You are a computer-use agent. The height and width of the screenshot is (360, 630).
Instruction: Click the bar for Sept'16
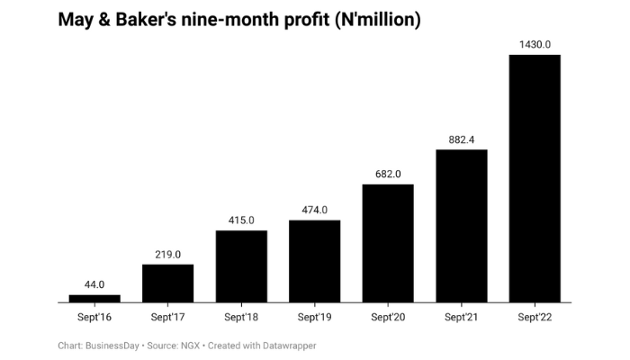94,298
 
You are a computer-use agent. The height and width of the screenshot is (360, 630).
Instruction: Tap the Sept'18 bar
241,266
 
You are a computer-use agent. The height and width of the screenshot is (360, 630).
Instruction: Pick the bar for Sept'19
314,261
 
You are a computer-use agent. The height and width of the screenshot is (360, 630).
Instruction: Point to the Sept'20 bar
388,243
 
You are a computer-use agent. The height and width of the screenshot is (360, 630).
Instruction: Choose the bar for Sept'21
462,226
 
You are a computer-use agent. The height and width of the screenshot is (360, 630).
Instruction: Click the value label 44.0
94,285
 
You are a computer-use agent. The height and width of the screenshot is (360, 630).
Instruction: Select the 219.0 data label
167,255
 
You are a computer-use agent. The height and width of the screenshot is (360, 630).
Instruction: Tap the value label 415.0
241,220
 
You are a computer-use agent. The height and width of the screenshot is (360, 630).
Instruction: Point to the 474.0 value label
314,211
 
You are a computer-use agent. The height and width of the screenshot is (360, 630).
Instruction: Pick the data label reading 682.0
388,175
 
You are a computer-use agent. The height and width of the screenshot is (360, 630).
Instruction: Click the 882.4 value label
462,139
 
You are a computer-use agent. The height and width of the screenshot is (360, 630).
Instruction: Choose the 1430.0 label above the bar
535,45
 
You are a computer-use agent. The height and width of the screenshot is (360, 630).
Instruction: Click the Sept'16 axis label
94,318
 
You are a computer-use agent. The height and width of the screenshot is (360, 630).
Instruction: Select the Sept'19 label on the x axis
314,318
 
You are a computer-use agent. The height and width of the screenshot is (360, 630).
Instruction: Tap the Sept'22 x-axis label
535,318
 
